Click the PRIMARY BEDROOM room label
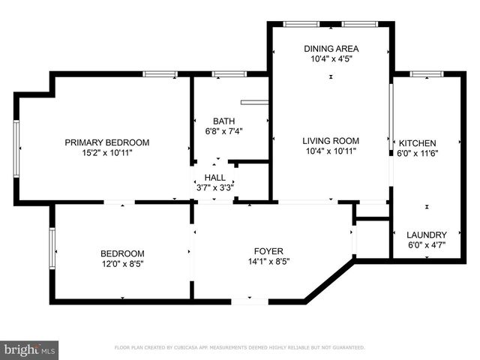(x=106, y=142)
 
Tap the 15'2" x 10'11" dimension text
(x=106, y=153)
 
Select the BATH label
(x=223, y=121)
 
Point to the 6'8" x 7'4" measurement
(x=223, y=131)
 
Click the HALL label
(x=214, y=178)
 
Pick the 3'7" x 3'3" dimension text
(x=214, y=187)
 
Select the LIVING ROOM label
(x=331, y=140)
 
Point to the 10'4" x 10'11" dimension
(x=331, y=151)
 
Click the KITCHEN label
(x=417, y=143)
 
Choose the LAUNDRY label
(x=426, y=235)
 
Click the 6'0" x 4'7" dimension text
(x=426, y=245)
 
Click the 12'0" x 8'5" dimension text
(x=122, y=264)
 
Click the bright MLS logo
(x=30, y=349)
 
